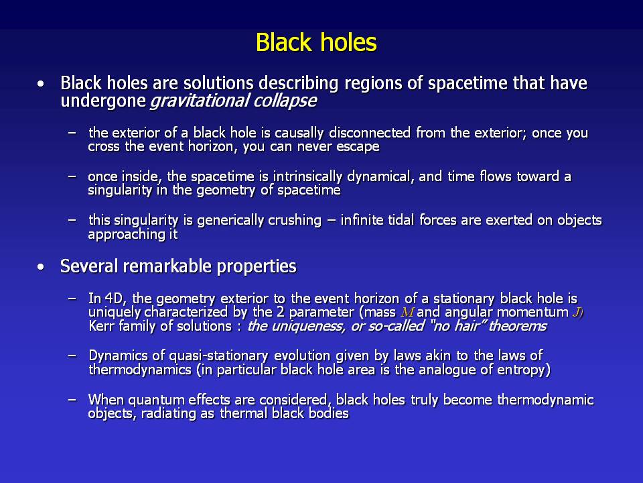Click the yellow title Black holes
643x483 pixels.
point(316,42)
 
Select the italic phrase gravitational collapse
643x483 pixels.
point(233,101)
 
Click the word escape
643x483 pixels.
point(358,147)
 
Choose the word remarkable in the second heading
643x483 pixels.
point(167,266)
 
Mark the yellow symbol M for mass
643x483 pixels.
point(407,313)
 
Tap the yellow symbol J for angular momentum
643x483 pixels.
point(577,313)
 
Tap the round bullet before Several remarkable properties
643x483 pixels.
point(40,268)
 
